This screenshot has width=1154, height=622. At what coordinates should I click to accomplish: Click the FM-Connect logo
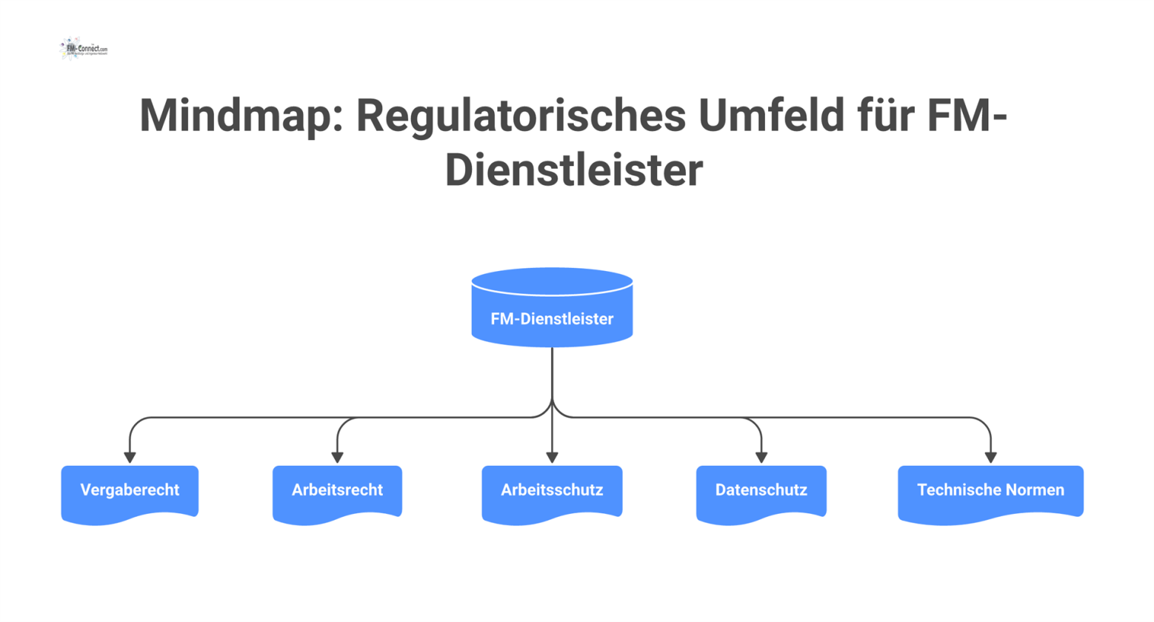click(x=84, y=49)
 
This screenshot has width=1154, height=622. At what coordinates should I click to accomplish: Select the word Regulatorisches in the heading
click(x=521, y=116)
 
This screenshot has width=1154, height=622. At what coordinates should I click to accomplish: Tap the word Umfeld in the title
click(x=770, y=116)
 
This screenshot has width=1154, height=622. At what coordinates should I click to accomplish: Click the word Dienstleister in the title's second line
click(x=574, y=170)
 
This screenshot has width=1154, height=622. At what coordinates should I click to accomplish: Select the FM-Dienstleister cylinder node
click(x=552, y=319)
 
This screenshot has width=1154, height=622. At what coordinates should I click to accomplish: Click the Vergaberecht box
click(x=130, y=490)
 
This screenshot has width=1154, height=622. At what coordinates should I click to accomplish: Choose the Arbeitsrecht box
click(x=337, y=490)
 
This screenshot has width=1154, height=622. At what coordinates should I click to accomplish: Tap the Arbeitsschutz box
click(x=552, y=490)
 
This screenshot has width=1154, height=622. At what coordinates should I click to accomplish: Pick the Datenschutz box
click(x=761, y=490)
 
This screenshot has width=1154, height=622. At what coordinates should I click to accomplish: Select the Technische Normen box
click(x=990, y=490)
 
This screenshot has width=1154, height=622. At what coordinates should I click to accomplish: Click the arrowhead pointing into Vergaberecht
click(x=130, y=458)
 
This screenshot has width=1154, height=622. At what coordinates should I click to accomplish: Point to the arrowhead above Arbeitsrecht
click(x=337, y=458)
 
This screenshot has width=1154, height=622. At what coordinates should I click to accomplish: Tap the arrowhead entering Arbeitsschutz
click(x=552, y=458)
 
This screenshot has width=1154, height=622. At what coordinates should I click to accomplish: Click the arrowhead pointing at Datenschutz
click(x=761, y=458)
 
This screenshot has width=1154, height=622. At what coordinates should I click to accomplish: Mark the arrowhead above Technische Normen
click(x=990, y=458)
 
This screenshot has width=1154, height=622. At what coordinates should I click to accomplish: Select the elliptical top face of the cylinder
click(x=552, y=282)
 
